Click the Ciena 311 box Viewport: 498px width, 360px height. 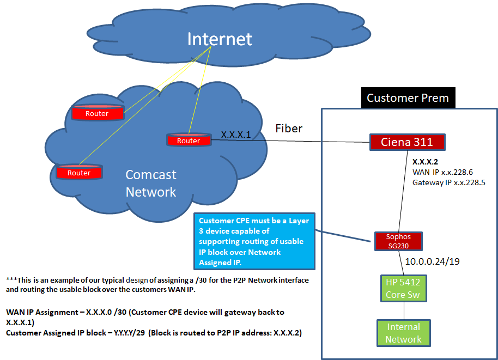point(407,142)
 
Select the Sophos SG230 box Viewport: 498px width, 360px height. point(398,241)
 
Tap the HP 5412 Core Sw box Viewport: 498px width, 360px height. point(403,288)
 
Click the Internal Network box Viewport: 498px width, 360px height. point(403,333)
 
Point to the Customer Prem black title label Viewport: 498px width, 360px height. point(408,98)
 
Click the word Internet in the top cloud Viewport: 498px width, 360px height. point(220,39)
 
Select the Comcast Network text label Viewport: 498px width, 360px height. point(151,183)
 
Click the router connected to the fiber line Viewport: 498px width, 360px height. point(189,140)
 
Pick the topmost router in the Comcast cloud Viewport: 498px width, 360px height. point(97,113)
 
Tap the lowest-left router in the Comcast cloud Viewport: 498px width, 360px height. point(79,172)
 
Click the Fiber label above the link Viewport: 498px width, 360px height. point(289,129)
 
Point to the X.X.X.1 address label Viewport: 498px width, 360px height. point(236,135)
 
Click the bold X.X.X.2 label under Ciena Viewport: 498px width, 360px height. point(425,162)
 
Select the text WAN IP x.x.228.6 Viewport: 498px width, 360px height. point(442,172)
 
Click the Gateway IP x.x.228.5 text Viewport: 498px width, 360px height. point(449,182)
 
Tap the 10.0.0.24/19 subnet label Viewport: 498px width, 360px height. point(432,261)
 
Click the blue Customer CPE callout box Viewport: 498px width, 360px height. point(254,241)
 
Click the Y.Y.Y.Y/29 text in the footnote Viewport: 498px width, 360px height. point(129,333)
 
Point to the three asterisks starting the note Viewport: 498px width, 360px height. point(12,279)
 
